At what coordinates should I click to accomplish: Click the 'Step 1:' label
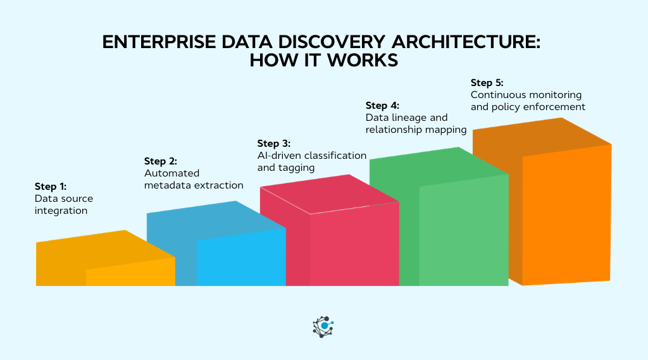pyautogui.click(x=51, y=187)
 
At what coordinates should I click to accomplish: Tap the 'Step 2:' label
pyautogui.click(x=160, y=161)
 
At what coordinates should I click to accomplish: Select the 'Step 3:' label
pyautogui.click(x=273, y=143)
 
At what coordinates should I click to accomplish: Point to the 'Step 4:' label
pyautogui.click(x=382, y=105)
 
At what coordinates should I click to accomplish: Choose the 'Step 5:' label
pyautogui.click(x=487, y=82)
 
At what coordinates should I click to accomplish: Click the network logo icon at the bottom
pyautogui.click(x=323, y=326)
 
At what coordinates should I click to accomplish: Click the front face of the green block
pyautogui.click(x=463, y=231)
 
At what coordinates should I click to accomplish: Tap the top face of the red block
pyautogui.click(x=329, y=194)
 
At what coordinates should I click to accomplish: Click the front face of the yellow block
pyautogui.click(x=130, y=272)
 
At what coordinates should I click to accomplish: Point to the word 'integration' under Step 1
pyautogui.click(x=61, y=211)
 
